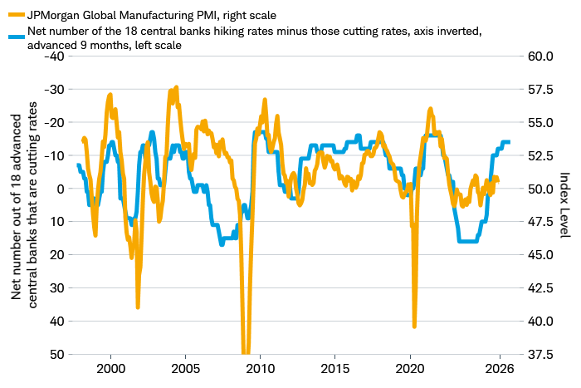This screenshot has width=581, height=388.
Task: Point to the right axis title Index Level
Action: pos(564,205)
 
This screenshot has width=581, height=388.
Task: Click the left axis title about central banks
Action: pos(23,205)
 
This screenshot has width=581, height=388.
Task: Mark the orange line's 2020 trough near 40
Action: pos(414,327)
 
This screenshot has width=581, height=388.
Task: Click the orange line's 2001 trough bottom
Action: pos(138,307)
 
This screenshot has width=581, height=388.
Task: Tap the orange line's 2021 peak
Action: pos(430,109)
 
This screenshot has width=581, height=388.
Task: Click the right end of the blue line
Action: pos(509,142)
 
